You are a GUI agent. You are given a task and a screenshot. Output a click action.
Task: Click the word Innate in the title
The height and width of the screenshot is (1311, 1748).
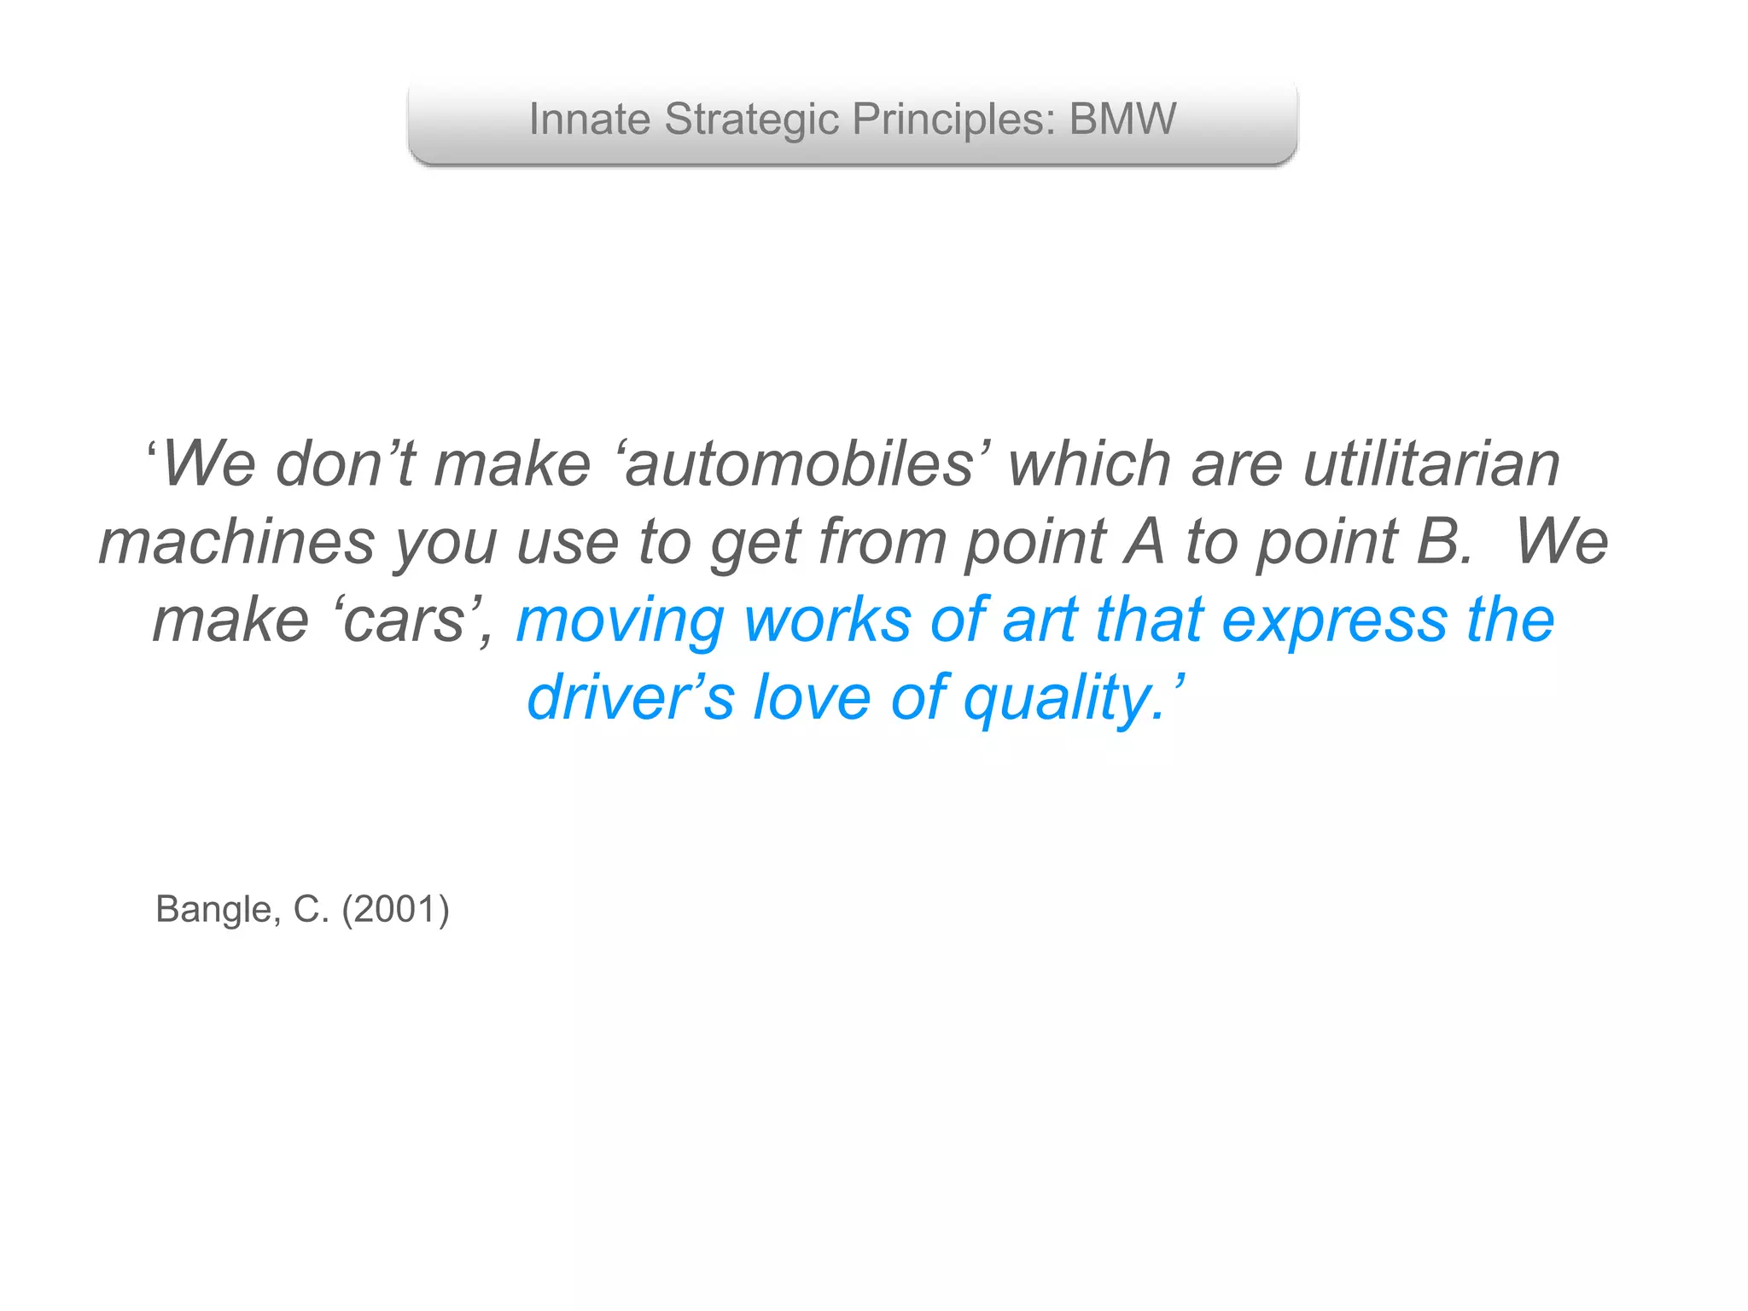pyautogui.click(x=589, y=119)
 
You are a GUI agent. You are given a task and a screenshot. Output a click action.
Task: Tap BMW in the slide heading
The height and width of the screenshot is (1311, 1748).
pyautogui.click(x=1122, y=119)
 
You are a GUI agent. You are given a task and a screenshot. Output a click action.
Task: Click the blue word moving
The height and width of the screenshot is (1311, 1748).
pyautogui.click(x=621, y=621)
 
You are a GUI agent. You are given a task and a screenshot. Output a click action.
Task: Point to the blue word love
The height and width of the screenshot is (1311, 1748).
pyautogui.click(x=811, y=698)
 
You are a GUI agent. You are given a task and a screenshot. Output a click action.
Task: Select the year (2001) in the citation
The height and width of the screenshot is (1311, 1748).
pyautogui.click(x=395, y=910)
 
